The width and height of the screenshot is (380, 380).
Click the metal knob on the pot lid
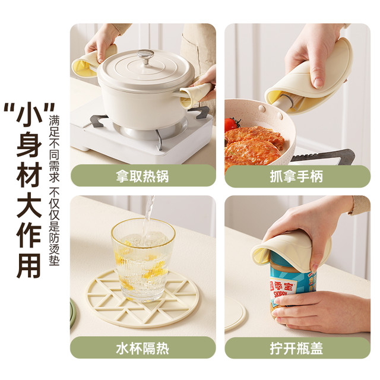pos(145,56)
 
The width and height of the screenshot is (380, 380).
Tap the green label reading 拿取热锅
pos(143,176)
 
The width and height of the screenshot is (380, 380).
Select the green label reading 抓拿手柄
pos(297,176)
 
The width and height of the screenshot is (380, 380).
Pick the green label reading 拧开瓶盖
pos(297,348)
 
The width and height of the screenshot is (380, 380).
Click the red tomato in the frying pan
pos(232,125)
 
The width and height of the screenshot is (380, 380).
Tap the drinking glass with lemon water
pos(143,259)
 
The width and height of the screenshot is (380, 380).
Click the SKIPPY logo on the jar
pos(281,293)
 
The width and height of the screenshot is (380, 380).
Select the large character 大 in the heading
pos(29,205)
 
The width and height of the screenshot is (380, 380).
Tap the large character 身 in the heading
pos(29,144)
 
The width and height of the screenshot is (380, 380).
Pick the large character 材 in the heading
pos(29,175)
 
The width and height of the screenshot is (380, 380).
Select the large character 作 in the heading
pos(29,235)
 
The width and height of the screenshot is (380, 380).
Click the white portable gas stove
pos(142,136)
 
